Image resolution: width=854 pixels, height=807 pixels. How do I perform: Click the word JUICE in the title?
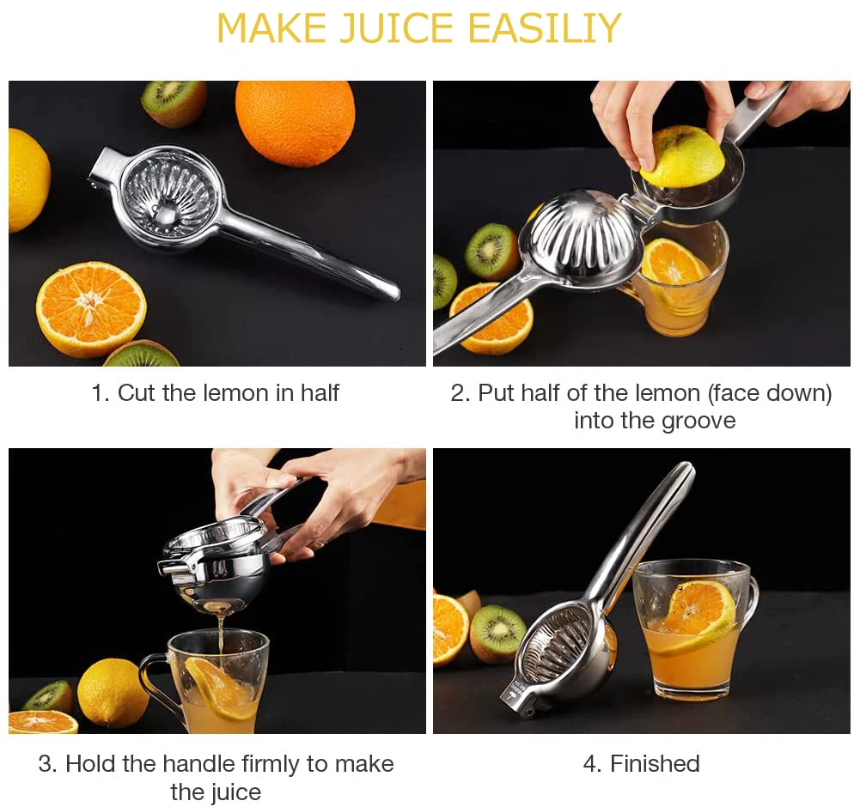point(396,29)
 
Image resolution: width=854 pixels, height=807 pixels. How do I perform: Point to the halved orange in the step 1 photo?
point(90,308)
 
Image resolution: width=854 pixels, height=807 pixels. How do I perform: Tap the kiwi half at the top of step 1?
point(174,101)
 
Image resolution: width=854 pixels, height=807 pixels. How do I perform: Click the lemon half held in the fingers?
point(682,156)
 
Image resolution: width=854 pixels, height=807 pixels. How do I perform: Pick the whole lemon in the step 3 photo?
point(113,692)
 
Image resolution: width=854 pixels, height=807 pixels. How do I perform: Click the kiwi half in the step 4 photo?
point(497,634)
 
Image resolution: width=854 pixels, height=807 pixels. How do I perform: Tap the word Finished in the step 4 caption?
point(655,763)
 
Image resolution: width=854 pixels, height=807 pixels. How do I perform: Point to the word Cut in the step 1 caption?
point(137,393)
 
